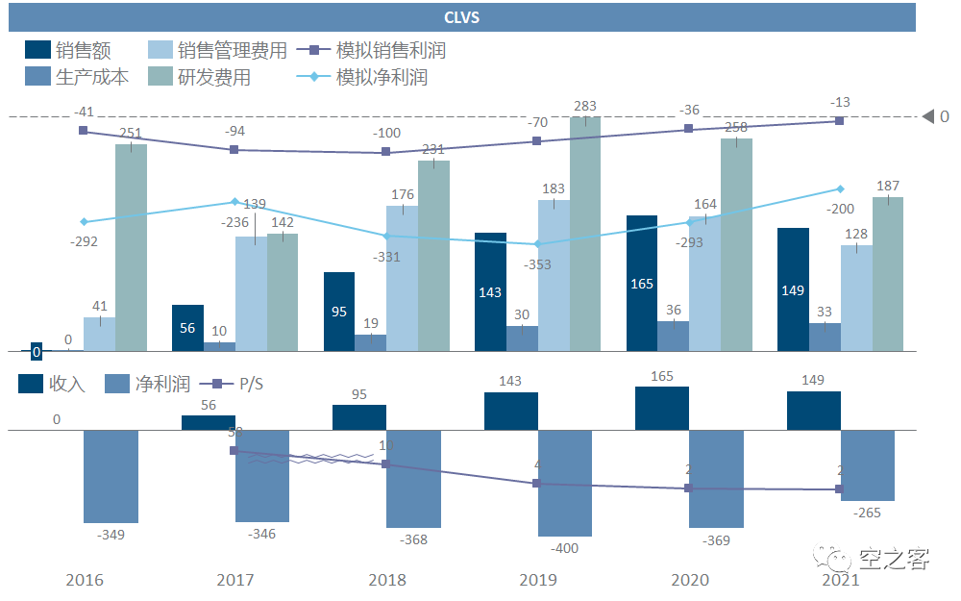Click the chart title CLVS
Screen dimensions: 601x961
(461, 17)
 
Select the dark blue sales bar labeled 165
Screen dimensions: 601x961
(642, 284)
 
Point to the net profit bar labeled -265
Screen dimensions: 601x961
(868, 465)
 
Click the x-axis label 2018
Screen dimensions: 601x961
(386, 580)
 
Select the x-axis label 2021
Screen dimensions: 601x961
(840, 580)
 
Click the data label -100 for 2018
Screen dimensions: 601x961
(387, 133)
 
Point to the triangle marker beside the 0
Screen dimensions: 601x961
(928, 117)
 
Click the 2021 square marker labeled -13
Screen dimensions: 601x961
(839, 120)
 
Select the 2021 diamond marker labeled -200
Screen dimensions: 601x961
(840, 188)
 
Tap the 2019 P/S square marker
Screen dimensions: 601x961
(537, 484)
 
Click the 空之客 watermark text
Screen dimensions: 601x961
(894, 557)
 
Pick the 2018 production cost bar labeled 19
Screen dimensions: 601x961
(370, 342)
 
